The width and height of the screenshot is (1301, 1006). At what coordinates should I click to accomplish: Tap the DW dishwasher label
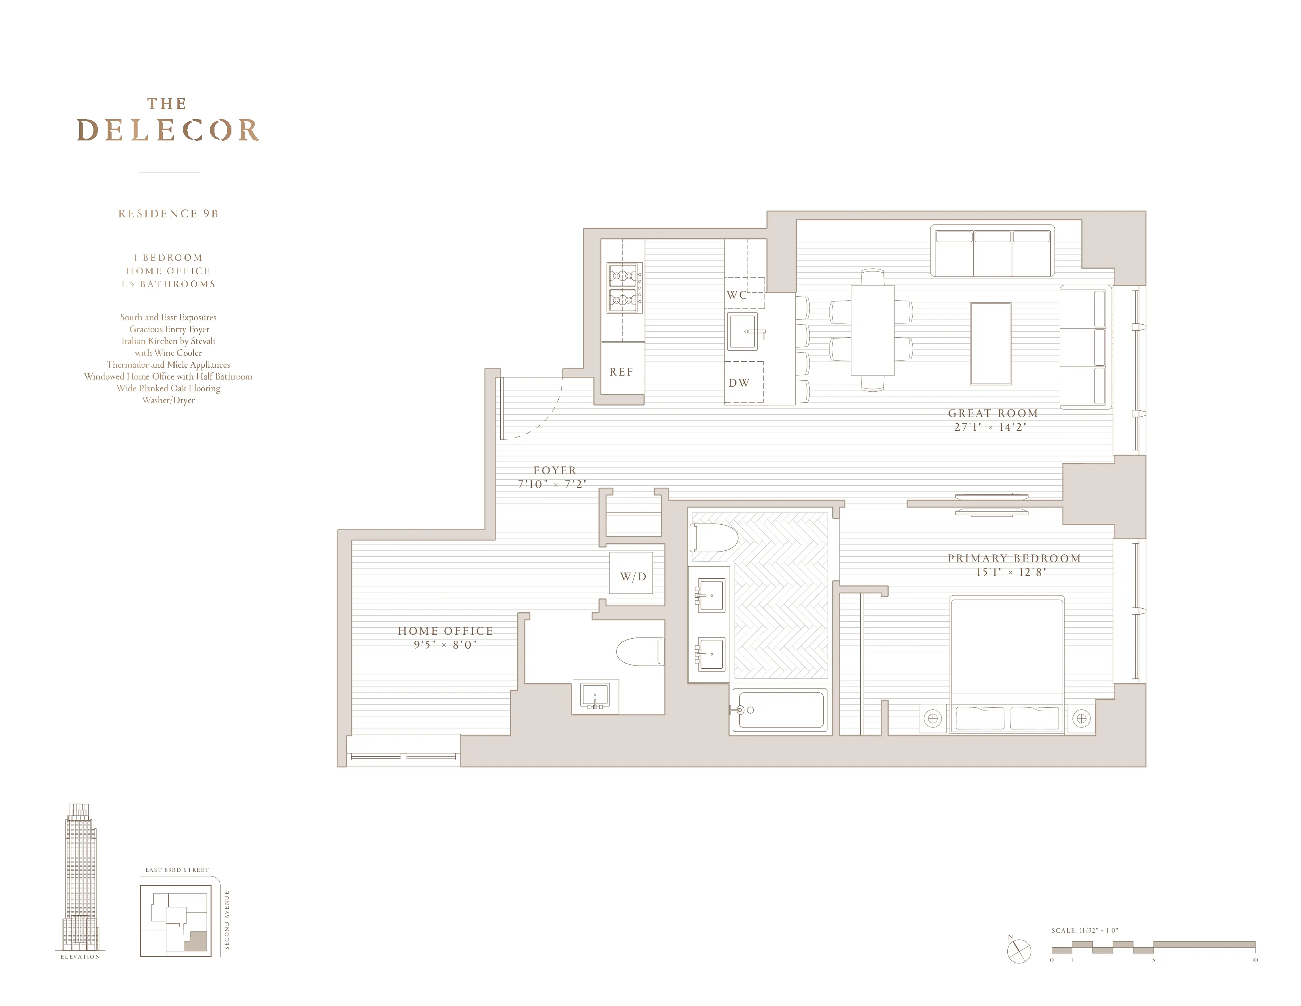pyautogui.click(x=739, y=383)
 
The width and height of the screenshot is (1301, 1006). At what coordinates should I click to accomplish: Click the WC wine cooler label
pyautogui.click(x=737, y=294)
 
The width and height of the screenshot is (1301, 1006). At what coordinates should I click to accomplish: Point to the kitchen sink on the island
pyautogui.click(x=743, y=332)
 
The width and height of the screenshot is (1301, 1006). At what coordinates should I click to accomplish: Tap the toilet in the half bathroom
pyautogui.click(x=640, y=651)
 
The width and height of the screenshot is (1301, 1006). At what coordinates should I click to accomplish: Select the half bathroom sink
pyautogui.click(x=595, y=696)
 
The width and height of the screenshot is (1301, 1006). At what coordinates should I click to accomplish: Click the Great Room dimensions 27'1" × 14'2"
pyautogui.click(x=991, y=427)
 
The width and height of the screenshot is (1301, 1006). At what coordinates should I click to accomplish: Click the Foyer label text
pyautogui.click(x=555, y=471)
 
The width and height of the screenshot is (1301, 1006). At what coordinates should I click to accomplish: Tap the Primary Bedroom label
pyautogui.click(x=1014, y=558)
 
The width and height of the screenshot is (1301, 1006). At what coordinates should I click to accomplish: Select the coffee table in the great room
pyautogui.click(x=991, y=344)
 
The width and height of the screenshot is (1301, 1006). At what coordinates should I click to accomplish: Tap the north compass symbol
pyautogui.click(x=1019, y=951)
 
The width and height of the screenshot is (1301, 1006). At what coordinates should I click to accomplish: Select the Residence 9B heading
pyautogui.click(x=169, y=214)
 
